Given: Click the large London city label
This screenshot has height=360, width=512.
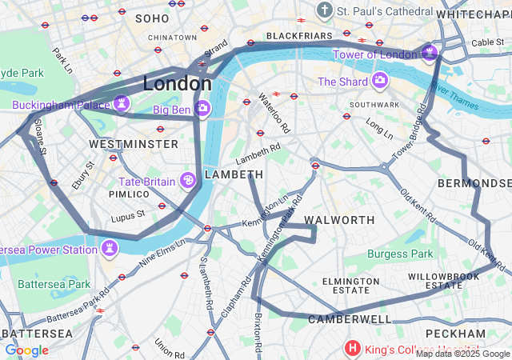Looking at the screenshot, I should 178,83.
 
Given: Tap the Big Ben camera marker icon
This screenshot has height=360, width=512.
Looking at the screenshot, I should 202,108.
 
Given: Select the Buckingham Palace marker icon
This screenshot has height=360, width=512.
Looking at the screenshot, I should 122,103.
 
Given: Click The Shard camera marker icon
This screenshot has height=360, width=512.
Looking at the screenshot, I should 378,81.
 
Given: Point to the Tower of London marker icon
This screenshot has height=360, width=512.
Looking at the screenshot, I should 430,53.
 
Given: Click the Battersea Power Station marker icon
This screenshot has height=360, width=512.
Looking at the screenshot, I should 108,250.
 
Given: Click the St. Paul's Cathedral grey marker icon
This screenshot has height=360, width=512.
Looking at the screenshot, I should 324,10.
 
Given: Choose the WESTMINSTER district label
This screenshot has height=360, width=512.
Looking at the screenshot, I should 134,144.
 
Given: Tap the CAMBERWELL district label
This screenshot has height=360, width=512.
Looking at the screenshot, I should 350,319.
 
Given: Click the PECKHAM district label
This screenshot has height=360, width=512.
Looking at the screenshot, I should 455,333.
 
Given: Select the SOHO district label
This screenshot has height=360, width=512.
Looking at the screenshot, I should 152,18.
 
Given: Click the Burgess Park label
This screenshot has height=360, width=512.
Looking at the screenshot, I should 400,254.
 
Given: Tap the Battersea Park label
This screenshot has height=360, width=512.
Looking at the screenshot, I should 54,284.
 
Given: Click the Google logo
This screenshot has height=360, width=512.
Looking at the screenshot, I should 26,350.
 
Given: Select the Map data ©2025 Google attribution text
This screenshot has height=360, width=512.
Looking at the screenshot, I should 462,354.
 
